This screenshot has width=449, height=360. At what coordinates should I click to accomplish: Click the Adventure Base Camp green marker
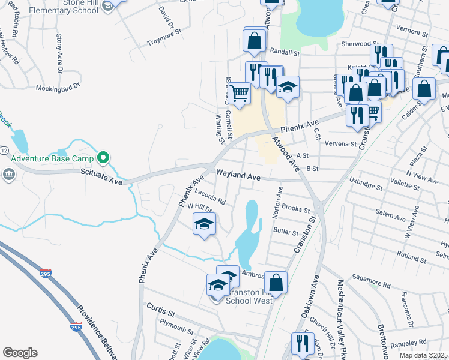pos(103,158)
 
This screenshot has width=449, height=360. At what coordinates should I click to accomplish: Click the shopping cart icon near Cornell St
pos(239,94)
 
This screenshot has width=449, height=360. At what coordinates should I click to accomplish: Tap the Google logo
pos(20,353)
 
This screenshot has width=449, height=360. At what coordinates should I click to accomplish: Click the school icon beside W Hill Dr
pos(204,224)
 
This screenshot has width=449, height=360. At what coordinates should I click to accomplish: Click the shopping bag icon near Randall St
pos(254,41)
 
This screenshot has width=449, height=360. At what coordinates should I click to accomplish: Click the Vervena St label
pos(340,144)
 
